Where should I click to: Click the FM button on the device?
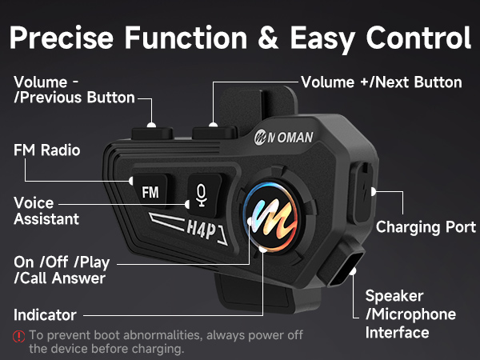[x=150, y=192]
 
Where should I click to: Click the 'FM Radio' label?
[x=47, y=150]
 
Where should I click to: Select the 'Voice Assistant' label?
[x=46, y=210]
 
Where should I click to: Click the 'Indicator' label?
[x=45, y=314]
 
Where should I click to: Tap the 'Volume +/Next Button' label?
[x=381, y=82]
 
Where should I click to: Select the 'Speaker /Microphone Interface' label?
[x=410, y=314]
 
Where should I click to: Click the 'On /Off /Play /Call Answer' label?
[x=60, y=270]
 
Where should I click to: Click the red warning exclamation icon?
[x=18, y=336]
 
